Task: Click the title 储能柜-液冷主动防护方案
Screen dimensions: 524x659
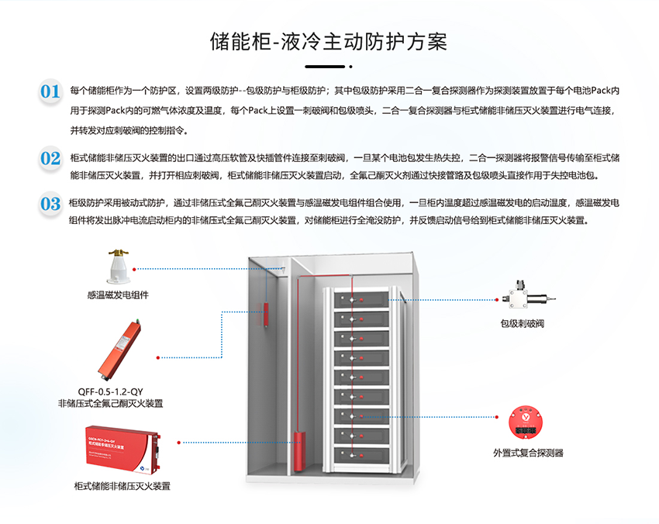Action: pos(329,41)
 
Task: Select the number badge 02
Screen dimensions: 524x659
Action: pos(50,159)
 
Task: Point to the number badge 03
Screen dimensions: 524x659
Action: pos(50,204)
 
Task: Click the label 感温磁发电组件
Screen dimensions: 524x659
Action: pos(118,295)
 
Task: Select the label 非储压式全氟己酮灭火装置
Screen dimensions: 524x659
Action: pos(116,404)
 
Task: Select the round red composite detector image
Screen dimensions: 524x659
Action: pos(528,422)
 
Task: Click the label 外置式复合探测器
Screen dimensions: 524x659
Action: pos(528,453)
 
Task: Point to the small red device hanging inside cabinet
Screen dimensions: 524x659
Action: pos(267,315)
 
